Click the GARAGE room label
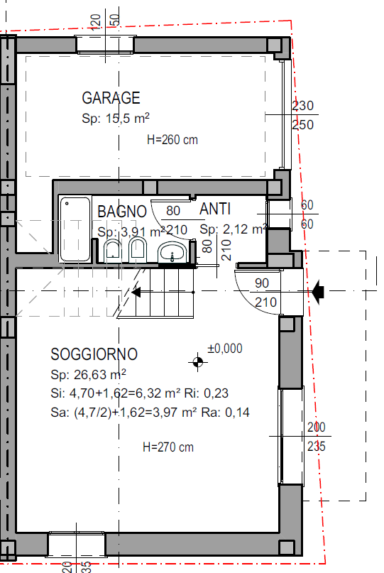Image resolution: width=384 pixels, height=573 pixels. pyautogui.click(x=111, y=98)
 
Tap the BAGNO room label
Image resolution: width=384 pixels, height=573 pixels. pyautogui.click(x=122, y=212)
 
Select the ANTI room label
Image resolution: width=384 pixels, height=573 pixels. pyautogui.click(x=215, y=209)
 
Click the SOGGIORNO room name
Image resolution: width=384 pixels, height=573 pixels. pyautogui.click(x=94, y=354)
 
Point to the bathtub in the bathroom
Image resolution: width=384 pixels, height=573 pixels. pyautogui.click(x=75, y=229)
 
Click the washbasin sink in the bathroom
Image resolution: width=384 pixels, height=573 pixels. pyautogui.click(x=172, y=252)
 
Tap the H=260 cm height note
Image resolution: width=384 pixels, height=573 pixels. pyautogui.click(x=172, y=140)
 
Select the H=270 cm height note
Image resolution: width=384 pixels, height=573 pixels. pyautogui.click(x=168, y=447)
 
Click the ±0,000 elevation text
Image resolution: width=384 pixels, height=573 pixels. pyautogui.click(x=225, y=348)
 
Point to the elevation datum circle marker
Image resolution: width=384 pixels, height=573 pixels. pyautogui.click(x=197, y=362)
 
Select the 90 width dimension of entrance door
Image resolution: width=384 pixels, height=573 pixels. pyautogui.click(x=262, y=283)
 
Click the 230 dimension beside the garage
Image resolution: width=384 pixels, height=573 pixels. pyautogui.click(x=303, y=106)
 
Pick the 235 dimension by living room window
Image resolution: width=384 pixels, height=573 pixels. pyautogui.click(x=317, y=446)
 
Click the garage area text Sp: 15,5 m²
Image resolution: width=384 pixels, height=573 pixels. pyautogui.click(x=116, y=118)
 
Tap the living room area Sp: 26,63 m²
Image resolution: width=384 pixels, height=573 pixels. pyautogui.click(x=88, y=374)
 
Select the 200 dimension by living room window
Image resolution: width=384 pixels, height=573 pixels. pyautogui.click(x=317, y=427)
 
